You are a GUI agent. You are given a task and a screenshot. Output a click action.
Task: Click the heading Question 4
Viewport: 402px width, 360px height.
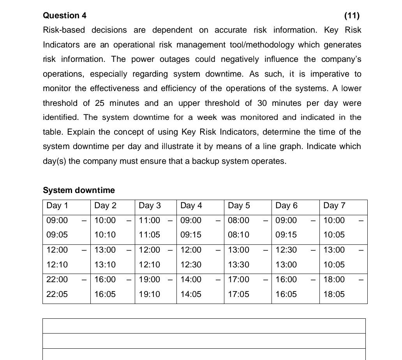coord(65,16)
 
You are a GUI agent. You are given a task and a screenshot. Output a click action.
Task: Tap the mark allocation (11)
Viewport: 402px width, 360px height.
coord(352,16)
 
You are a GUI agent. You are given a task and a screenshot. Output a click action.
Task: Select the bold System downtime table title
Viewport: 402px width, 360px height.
coord(79,190)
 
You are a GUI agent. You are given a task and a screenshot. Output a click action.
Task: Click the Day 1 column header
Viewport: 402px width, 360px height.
coord(57,205)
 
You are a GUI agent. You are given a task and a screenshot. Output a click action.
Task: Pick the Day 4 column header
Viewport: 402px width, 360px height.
coord(191,205)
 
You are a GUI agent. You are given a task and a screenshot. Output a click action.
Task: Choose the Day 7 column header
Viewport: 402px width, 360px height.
coord(334,205)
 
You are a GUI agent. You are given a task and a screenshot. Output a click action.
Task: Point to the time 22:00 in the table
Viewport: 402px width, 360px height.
coord(57,279)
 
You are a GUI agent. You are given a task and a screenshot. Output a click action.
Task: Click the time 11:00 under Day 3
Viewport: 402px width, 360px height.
coord(149,220)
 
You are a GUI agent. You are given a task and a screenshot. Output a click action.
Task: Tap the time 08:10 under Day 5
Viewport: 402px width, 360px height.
coord(238,235)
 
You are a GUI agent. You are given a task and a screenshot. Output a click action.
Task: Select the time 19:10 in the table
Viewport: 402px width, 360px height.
coord(149,294)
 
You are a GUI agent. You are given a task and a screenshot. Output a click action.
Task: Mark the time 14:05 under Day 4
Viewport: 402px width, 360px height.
coord(191,294)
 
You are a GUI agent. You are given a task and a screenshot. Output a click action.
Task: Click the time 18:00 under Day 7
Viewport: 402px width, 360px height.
coord(334,279)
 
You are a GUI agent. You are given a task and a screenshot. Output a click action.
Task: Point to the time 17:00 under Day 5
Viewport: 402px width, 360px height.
coord(238,279)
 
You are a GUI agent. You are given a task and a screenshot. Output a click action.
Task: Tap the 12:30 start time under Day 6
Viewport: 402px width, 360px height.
coord(286,250)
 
